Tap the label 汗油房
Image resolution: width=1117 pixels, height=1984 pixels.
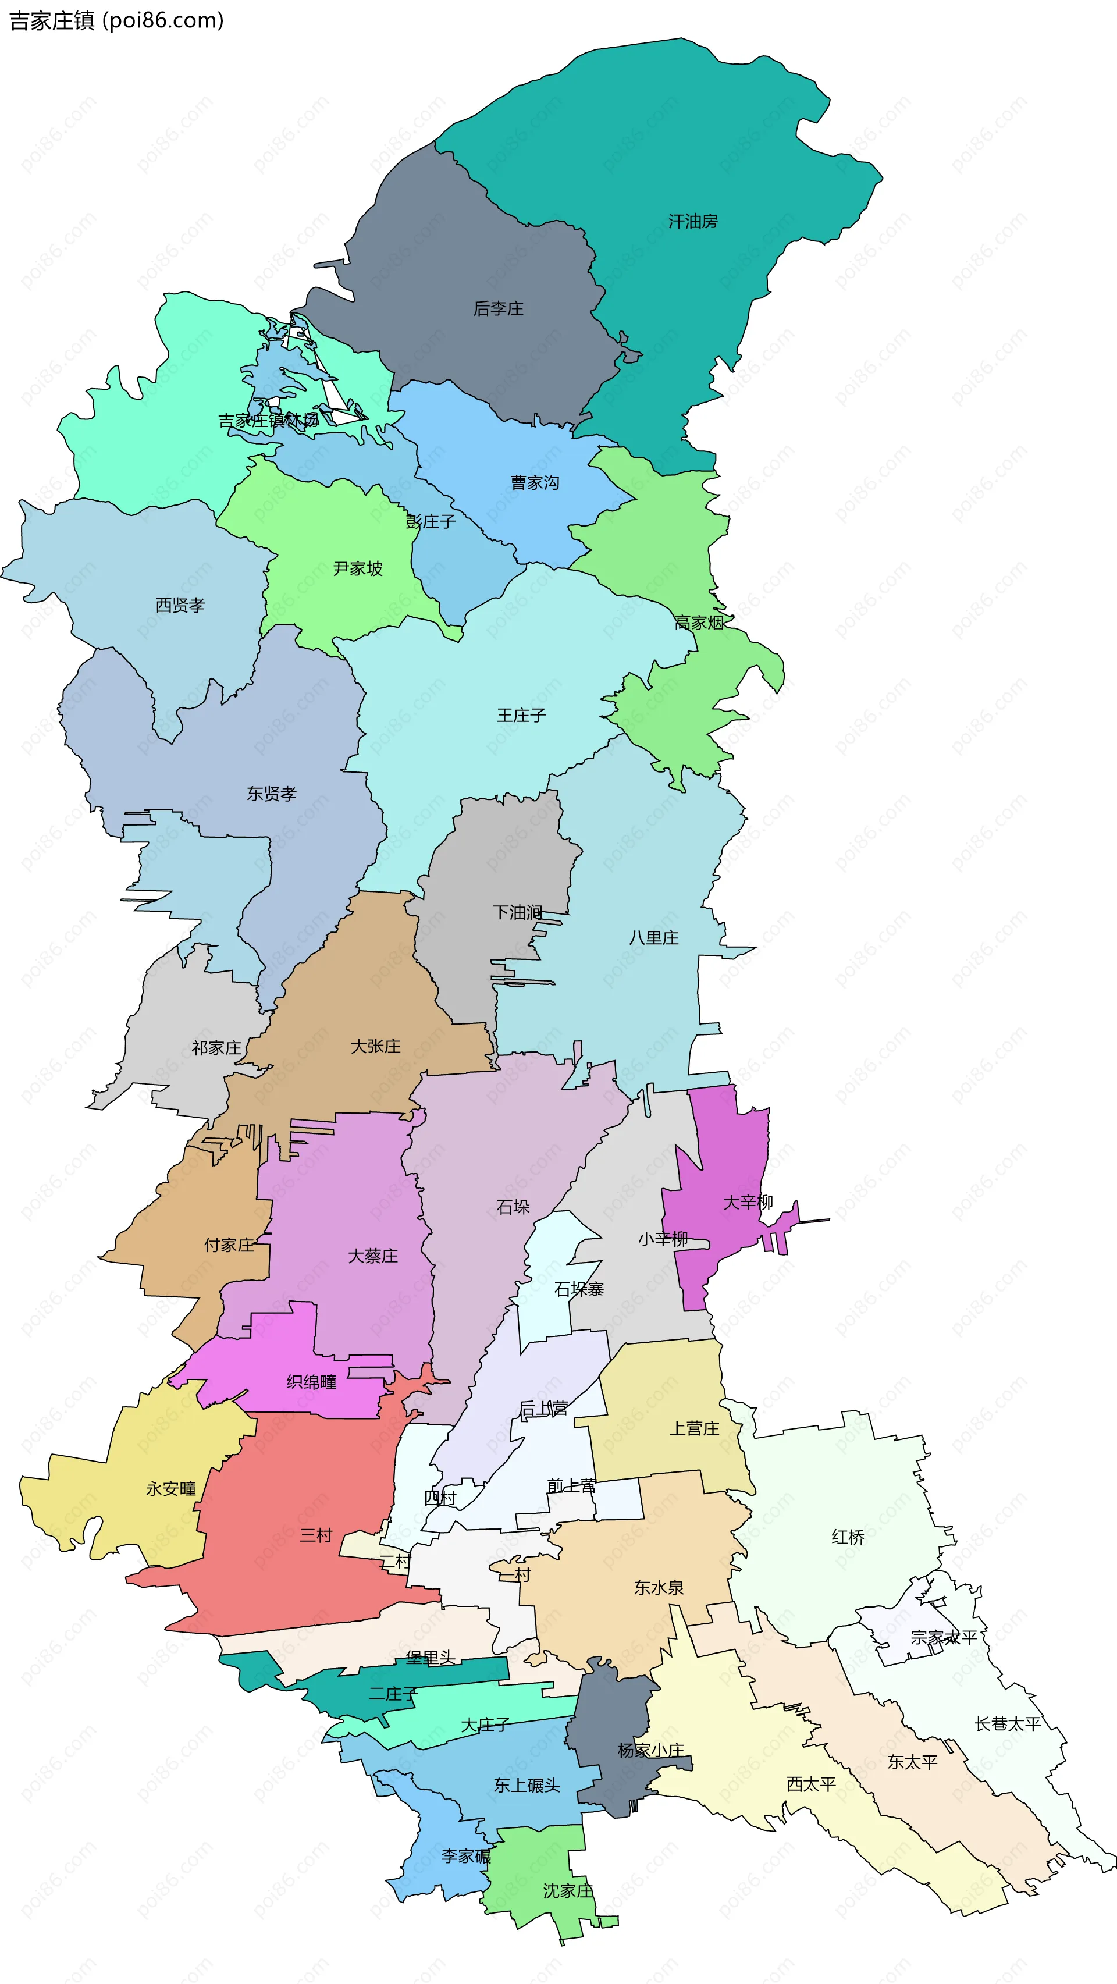coord(692,222)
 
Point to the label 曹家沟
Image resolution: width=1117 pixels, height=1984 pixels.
coord(535,483)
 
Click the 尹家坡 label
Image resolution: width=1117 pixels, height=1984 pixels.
coord(357,569)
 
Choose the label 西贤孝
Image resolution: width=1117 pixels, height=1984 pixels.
coord(180,605)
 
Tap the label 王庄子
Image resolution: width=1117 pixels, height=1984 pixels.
coord(521,716)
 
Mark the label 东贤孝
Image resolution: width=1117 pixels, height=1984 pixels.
coord(271,794)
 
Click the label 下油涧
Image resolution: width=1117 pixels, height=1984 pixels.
coord(517,913)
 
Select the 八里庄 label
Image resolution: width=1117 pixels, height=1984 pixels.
coord(653,938)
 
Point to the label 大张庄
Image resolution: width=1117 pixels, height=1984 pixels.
coord(375,1047)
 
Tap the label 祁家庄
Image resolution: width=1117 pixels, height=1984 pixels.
coord(216,1048)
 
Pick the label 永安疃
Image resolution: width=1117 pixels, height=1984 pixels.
coord(171,1489)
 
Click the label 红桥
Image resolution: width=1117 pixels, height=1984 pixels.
coord(848,1537)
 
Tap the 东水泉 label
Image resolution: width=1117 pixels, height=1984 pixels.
coord(659,1587)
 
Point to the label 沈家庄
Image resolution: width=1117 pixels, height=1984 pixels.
coord(568,1891)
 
